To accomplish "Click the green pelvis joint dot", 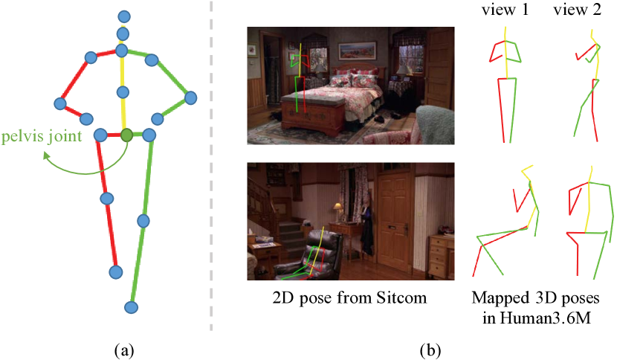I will coord(126,135).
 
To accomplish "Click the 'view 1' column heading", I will coord(505,13).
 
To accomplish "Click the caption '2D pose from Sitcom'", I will coord(349,298).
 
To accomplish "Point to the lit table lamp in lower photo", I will coord(338,208).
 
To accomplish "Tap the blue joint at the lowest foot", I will coord(132,306).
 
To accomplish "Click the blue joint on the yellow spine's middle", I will coord(123,91).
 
